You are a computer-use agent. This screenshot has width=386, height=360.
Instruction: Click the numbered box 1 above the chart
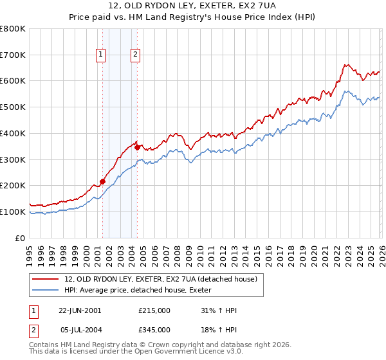(102, 55)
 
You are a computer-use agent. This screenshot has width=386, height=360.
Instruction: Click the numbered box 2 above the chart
(136, 55)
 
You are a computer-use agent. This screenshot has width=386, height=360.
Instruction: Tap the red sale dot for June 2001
(102, 181)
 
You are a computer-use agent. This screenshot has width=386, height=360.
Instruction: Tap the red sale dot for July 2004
(137, 147)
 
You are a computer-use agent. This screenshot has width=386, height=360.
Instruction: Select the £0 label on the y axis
(21, 238)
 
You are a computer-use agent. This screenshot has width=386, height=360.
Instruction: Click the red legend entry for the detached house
(161, 279)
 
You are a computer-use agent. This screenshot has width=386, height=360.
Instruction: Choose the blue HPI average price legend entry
(142, 291)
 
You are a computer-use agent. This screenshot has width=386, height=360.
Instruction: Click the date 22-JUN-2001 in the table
(80, 310)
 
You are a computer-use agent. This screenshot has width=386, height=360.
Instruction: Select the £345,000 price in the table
(154, 330)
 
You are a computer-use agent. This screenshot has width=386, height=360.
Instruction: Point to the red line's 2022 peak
(346, 64)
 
